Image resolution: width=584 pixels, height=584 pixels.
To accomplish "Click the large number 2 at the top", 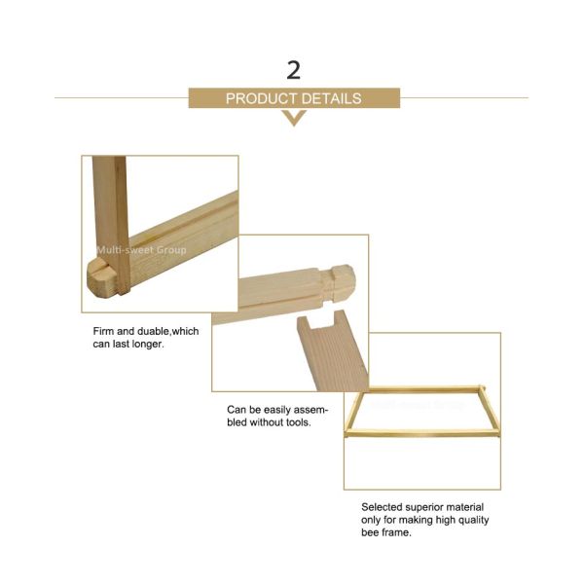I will click(x=293, y=69).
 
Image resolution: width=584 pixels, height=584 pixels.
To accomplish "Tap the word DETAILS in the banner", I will click(x=332, y=98).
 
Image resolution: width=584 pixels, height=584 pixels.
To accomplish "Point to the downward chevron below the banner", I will click(x=293, y=118).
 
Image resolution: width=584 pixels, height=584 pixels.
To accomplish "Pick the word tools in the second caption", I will click(x=297, y=423).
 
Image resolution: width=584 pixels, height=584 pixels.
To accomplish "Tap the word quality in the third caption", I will click(x=473, y=520).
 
